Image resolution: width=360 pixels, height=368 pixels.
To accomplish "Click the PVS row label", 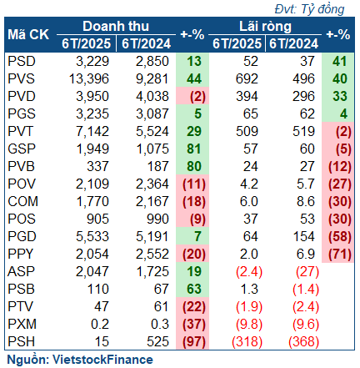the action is (x=21, y=78).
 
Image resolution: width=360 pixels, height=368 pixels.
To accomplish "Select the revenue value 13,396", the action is (x=89, y=78).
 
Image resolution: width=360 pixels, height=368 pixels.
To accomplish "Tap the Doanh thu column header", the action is (x=116, y=27).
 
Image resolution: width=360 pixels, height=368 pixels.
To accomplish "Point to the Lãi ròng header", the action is (x=265, y=27).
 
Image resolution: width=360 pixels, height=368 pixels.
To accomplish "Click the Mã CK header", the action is (x=28, y=34).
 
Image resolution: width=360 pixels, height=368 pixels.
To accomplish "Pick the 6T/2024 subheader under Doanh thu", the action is (x=146, y=43).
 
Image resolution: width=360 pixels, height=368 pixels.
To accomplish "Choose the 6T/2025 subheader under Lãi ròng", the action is (x=237, y=43).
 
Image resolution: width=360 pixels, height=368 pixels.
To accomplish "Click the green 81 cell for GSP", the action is (x=194, y=149).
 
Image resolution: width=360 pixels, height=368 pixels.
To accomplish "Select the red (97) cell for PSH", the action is (x=194, y=341).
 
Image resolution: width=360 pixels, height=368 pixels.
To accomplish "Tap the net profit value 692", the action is (x=247, y=78).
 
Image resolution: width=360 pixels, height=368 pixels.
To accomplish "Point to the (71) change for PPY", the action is (x=340, y=254).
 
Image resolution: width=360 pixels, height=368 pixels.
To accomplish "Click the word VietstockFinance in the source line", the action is (x=102, y=360).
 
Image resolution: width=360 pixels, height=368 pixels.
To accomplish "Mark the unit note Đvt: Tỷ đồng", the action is (x=309, y=9).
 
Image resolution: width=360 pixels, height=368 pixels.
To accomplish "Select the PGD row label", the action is (x=22, y=236).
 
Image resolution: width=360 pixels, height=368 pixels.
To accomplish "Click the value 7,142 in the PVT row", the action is (x=92, y=131).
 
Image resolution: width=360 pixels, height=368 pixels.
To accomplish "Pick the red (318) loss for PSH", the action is (x=247, y=341).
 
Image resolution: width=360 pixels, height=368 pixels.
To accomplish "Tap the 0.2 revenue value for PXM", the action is (x=100, y=324).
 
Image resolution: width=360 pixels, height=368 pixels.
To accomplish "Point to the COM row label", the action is (x=22, y=201).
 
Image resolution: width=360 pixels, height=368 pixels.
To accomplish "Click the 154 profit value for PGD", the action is (x=304, y=236).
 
